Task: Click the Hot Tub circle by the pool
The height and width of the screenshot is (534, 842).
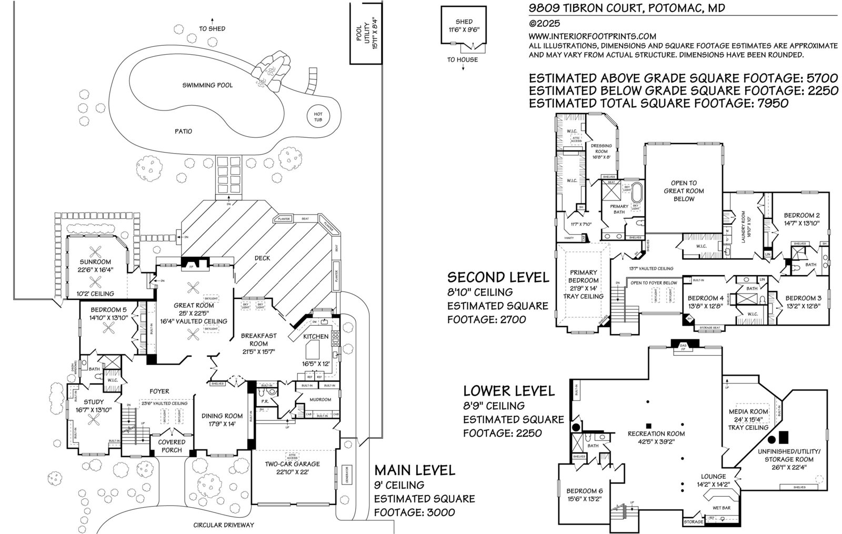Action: point(318,117)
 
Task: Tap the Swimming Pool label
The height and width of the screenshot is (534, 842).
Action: point(207,85)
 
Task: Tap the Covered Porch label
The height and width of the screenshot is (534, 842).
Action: point(172,446)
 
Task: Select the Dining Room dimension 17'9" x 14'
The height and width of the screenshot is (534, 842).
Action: point(223,424)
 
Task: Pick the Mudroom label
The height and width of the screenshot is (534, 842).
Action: point(320,400)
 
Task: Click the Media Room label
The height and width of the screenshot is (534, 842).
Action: point(748,411)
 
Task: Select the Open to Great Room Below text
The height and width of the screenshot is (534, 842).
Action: point(684,191)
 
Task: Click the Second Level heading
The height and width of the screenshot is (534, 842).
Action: point(497,277)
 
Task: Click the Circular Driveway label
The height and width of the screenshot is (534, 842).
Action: point(224,525)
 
